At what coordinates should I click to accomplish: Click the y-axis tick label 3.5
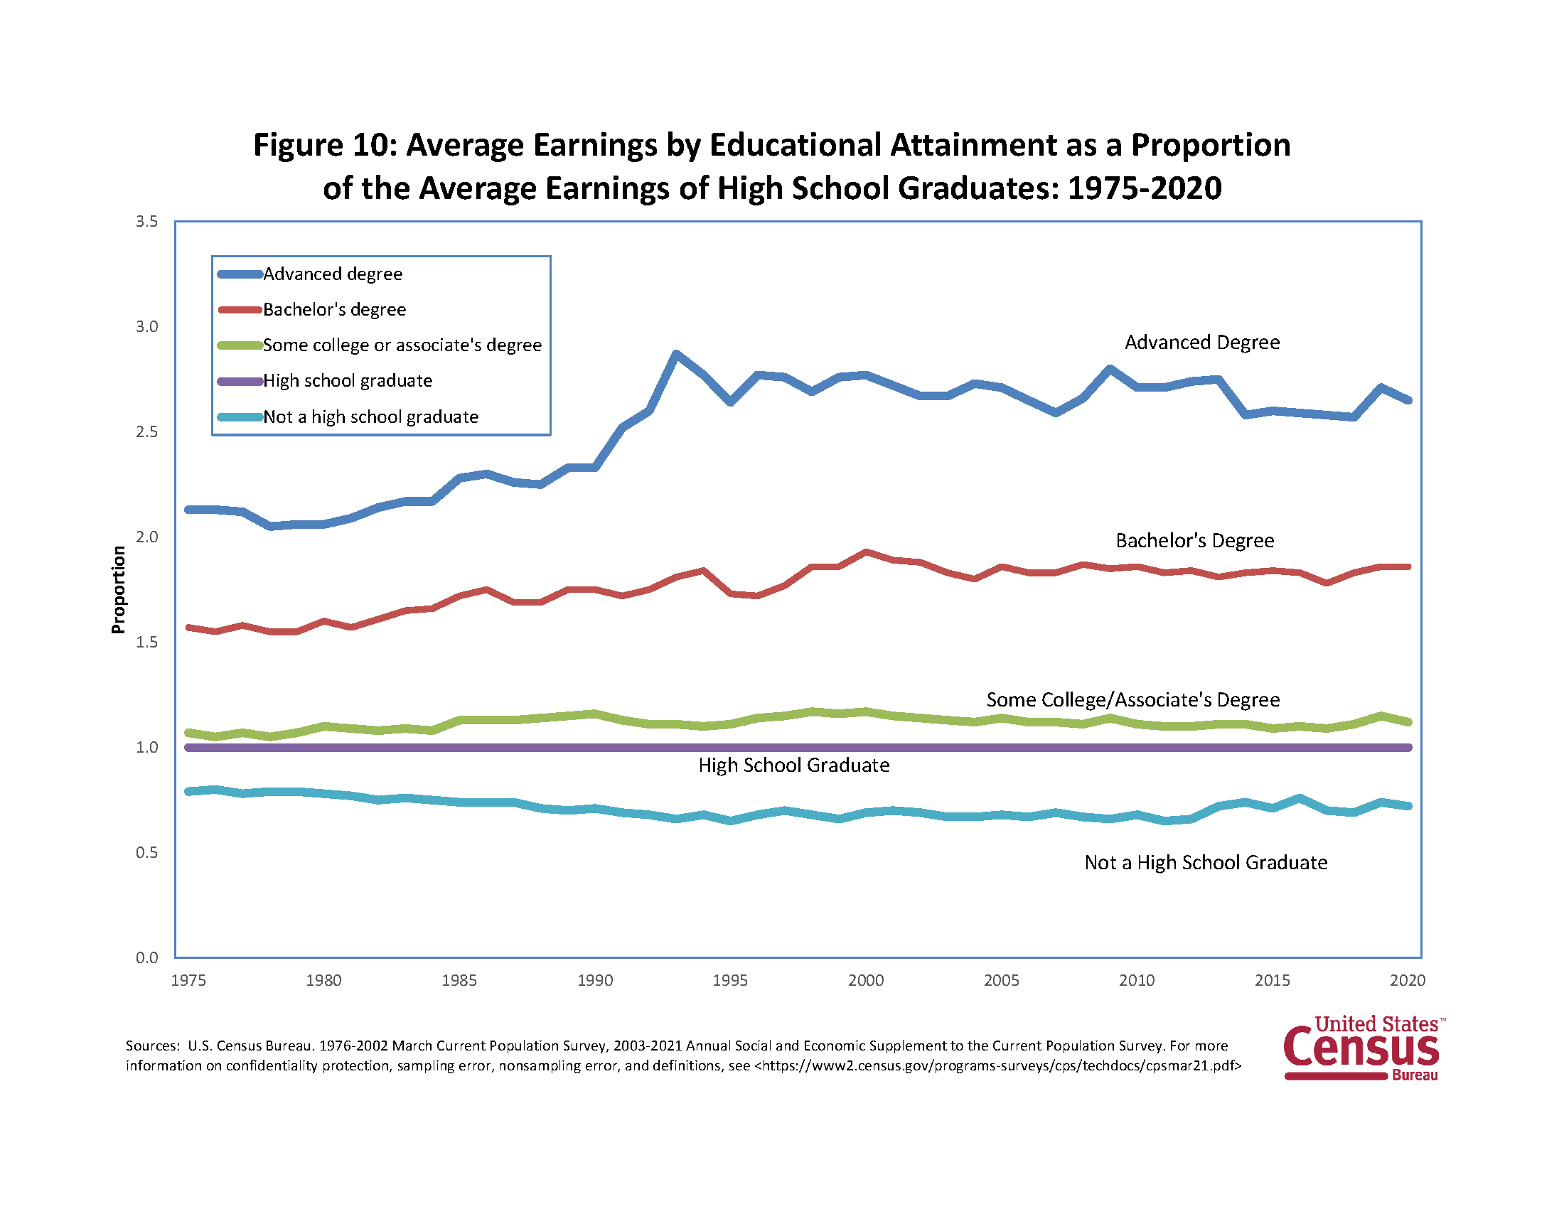(147, 222)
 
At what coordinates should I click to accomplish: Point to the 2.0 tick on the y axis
(147, 537)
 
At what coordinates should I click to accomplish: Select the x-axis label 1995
(729, 981)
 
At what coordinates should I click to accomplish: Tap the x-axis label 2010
(1137, 981)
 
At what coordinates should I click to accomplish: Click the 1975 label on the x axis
(188, 981)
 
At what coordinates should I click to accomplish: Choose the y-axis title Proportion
(119, 590)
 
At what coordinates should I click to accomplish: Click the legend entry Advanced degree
(332, 274)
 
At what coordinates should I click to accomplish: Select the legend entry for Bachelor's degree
(333, 310)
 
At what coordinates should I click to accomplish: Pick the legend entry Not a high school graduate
(370, 417)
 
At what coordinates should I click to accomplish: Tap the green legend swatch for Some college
(240, 345)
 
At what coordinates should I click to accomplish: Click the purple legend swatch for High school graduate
(240, 382)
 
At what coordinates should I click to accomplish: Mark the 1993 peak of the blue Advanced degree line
(676, 354)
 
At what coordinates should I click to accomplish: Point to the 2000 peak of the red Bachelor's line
(866, 552)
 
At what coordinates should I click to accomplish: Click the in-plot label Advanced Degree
(1201, 343)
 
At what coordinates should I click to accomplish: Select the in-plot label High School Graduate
(793, 766)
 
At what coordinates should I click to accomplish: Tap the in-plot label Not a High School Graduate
(1205, 864)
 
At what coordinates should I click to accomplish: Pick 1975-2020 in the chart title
(1144, 189)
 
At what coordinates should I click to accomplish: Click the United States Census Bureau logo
(1363, 1049)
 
